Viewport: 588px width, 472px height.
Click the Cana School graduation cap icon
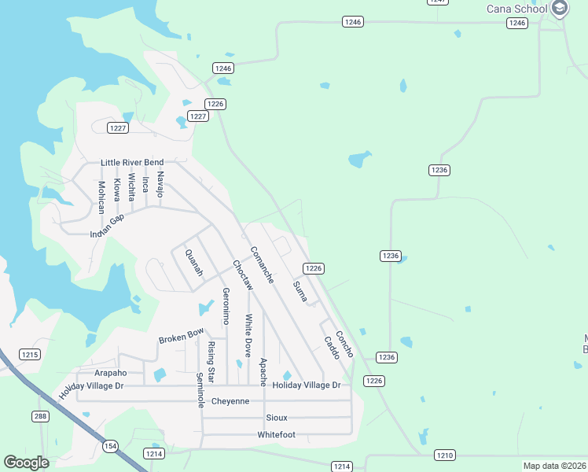[x=560, y=9]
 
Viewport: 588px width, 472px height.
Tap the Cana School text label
[x=516, y=9]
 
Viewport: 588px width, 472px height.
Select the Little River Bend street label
[x=132, y=163]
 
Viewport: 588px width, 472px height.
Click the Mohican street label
[x=101, y=197]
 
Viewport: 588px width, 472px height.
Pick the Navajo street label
[x=160, y=183]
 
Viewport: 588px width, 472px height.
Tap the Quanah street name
[x=193, y=263]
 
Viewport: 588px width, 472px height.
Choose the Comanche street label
[x=262, y=265]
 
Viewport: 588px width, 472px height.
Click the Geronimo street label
[x=226, y=306]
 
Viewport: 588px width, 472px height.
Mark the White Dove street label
[x=248, y=335]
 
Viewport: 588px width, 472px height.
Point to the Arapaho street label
[x=110, y=372]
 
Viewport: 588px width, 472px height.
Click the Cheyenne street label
[x=230, y=401]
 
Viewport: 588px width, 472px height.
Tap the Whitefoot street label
[x=276, y=434]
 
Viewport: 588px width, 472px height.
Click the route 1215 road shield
[x=30, y=355]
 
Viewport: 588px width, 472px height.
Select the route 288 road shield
[x=41, y=416]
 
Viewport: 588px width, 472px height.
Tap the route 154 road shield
[x=110, y=446]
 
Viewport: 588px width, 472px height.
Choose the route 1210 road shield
[x=445, y=455]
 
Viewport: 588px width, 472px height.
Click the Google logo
[x=26, y=463]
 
